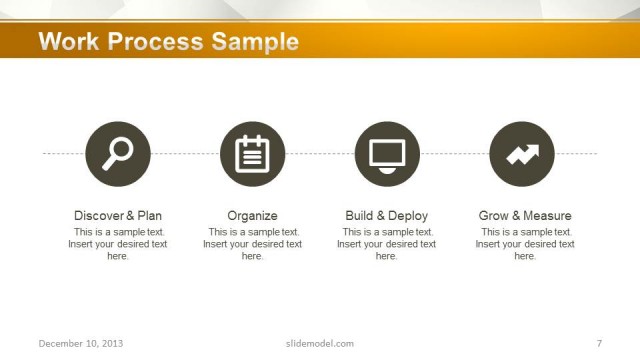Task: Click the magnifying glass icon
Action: point(118,153)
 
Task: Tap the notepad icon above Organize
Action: point(253,153)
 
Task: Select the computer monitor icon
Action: point(387,153)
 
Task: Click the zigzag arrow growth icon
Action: point(522,153)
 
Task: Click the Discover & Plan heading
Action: point(118,216)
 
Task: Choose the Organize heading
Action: point(253,216)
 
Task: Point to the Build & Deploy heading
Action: point(387,216)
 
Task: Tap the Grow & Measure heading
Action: point(525,216)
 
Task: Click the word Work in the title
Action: point(70,42)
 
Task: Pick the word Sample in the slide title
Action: point(255,42)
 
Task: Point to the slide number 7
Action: point(598,344)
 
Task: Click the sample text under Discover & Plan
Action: point(118,244)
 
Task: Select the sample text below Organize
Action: point(253,244)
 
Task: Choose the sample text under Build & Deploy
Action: point(387,244)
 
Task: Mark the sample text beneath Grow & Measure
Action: point(525,244)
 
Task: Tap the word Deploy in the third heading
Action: point(408,216)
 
